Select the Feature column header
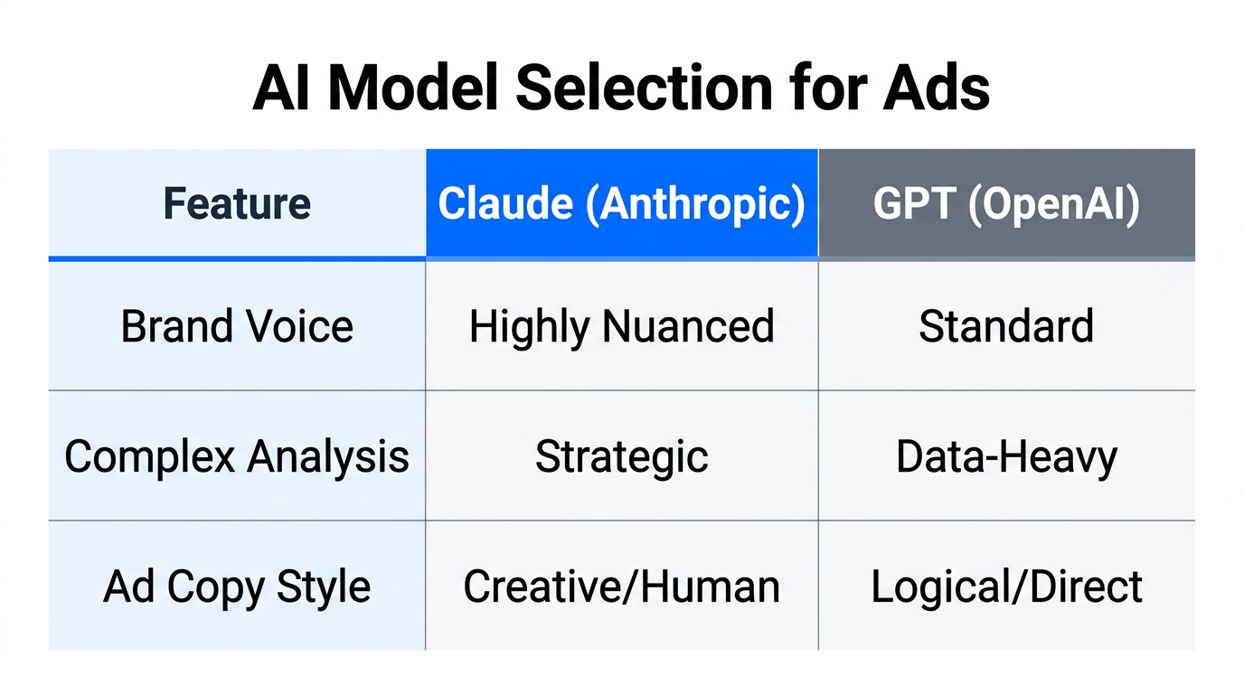click(x=237, y=204)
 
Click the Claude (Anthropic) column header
click(x=621, y=204)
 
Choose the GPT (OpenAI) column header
click(x=1006, y=204)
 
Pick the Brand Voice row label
click(x=237, y=326)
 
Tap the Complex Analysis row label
click(x=237, y=456)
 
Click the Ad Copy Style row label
click(x=237, y=586)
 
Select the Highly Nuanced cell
click(x=621, y=326)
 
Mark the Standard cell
click(x=1006, y=326)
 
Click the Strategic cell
click(x=621, y=456)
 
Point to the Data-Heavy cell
click(x=1006, y=456)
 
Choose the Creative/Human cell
click(x=621, y=586)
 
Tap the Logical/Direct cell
click(x=1006, y=586)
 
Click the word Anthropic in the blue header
click(x=694, y=204)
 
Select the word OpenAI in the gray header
click(x=1054, y=204)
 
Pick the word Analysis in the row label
click(x=329, y=456)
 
